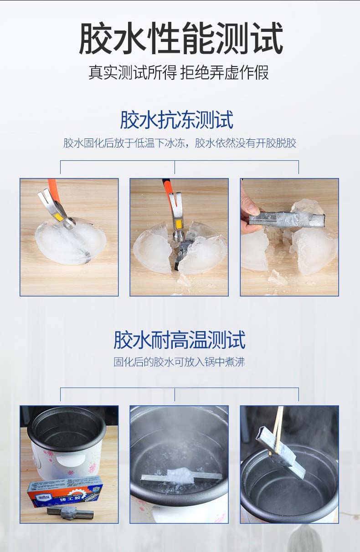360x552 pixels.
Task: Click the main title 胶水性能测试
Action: point(181,38)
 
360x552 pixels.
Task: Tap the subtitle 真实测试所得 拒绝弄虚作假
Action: point(179,72)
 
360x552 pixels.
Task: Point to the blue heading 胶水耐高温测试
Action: point(180,340)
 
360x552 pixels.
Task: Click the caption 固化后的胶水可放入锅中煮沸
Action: point(179,362)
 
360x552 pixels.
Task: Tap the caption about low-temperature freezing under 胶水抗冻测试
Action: point(180,143)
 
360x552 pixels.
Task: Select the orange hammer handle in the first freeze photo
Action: point(53,188)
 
